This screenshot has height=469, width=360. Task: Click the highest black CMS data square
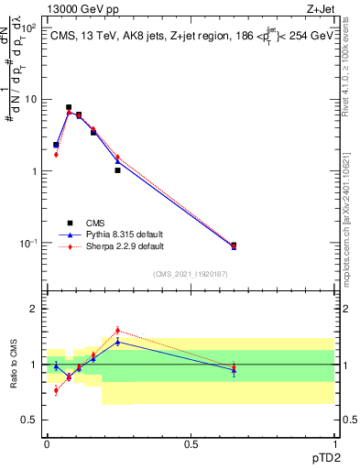pyautogui.click(x=69, y=107)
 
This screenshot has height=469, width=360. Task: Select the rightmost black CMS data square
pyautogui.click(x=234, y=245)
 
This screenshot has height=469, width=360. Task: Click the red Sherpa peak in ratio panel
pyautogui.click(x=117, y=331)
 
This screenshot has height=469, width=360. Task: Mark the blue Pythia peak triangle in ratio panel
pyautogui.click(x=117, y=342)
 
